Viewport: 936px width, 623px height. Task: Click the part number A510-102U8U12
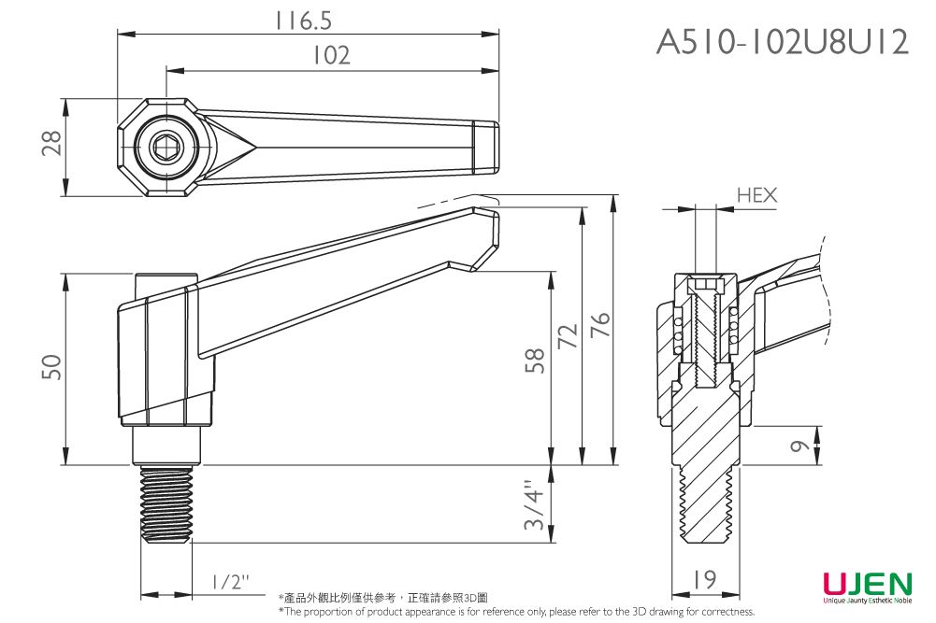(782, 42)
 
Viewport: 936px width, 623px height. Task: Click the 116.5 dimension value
(305, 21)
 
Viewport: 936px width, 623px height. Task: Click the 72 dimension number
(566, 333)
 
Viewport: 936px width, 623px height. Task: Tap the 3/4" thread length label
(535, 505)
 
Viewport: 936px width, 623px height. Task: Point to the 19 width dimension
(706, 580)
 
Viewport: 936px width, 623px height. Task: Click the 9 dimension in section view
(798, 446)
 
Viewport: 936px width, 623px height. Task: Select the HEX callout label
(756, 195)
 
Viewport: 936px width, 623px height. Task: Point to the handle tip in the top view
(485, 147)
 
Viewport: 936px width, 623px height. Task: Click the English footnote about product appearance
(516, 612)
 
